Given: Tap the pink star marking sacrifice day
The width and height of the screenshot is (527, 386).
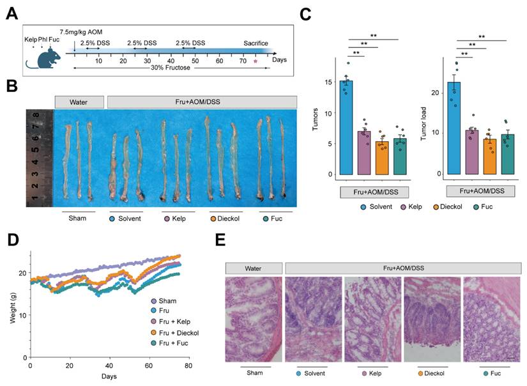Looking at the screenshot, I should click(x=256, y=61).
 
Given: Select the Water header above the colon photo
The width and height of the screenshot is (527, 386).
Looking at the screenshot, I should click(x=79, y=102).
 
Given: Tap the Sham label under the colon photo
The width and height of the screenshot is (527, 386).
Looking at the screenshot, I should click(x=78, y=217).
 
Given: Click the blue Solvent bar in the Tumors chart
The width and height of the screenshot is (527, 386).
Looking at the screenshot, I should click(x=346, y=128).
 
